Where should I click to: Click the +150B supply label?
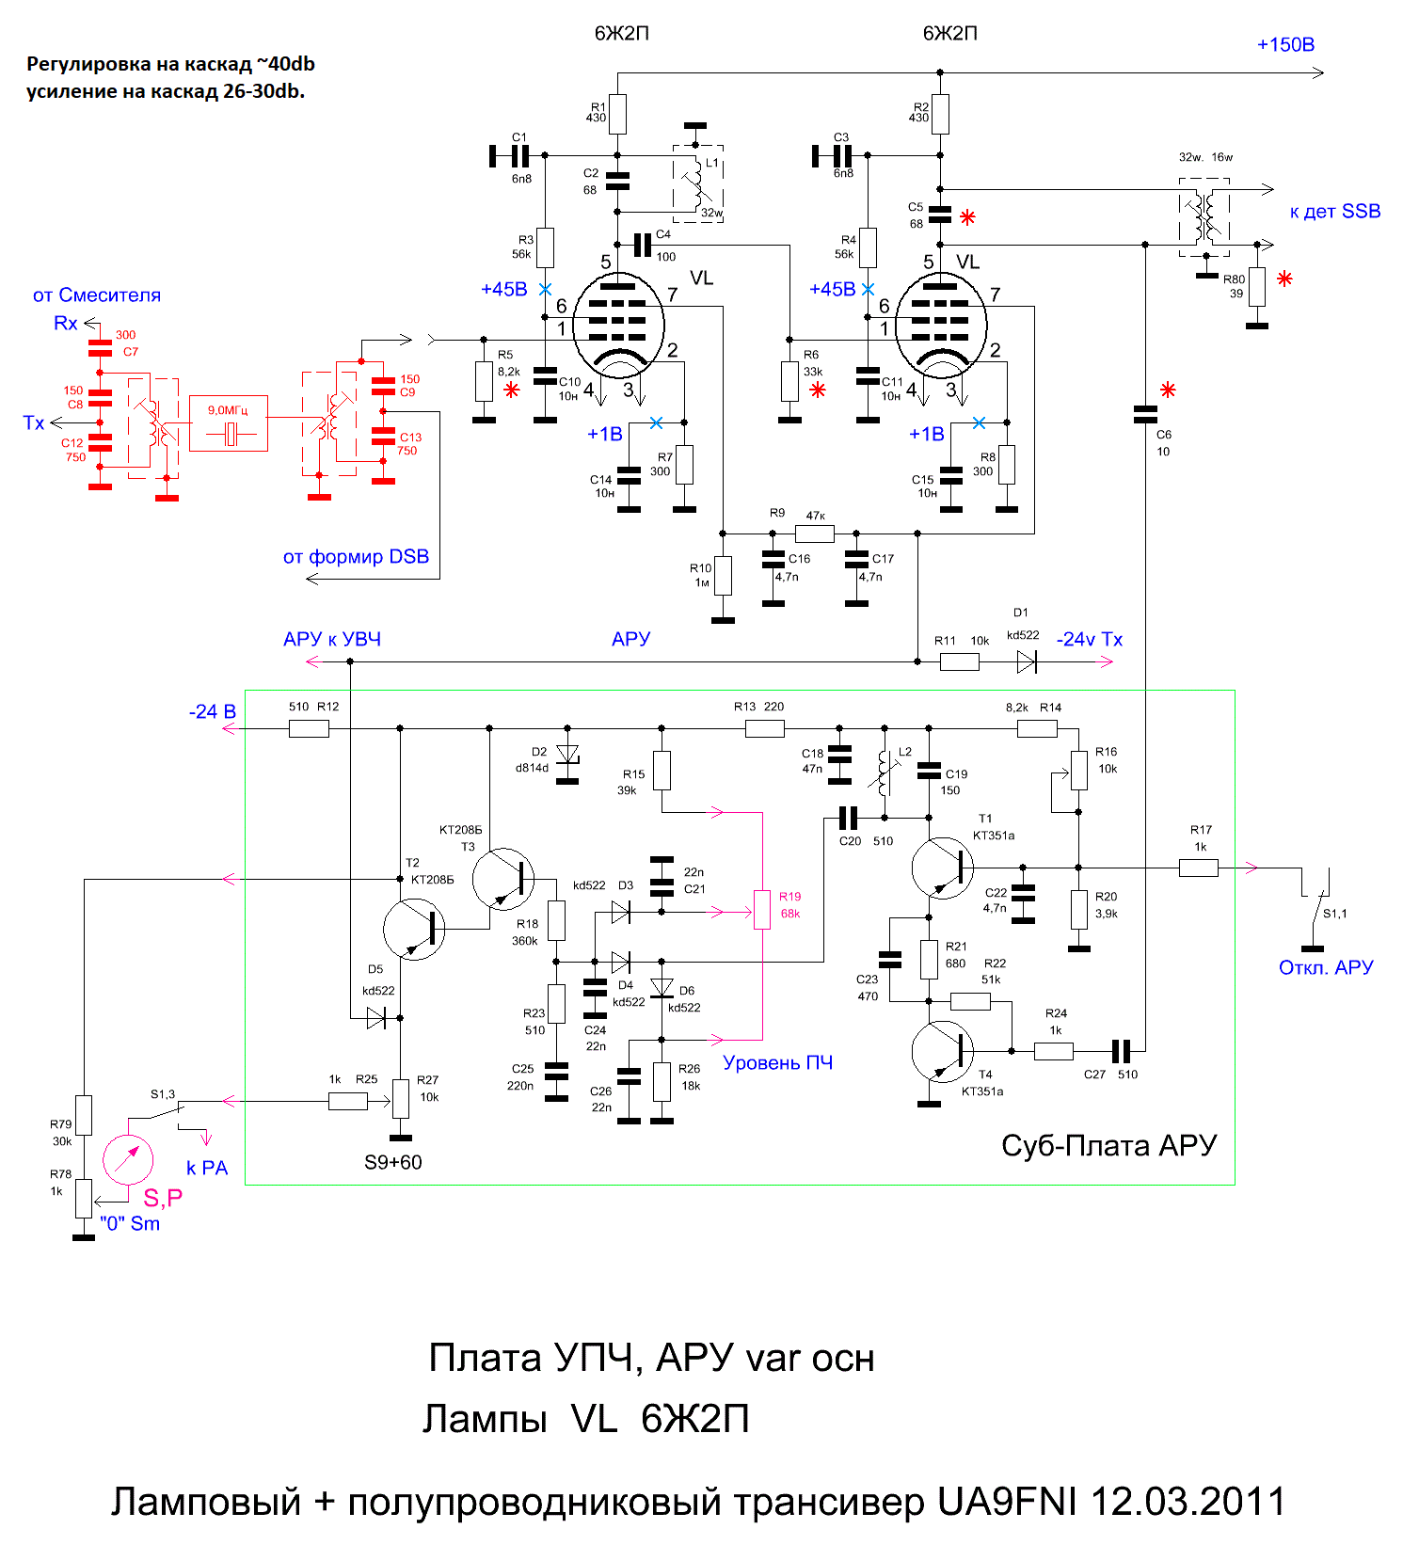coord(1285,45)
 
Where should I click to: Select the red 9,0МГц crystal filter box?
coord(229,423)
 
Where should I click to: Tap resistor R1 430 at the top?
coord(617,114)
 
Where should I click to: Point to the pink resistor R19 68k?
coord(762,910)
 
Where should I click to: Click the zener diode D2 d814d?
coord(567,755)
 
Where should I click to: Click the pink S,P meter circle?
coord(127,1159)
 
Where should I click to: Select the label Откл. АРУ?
coord(1325,967)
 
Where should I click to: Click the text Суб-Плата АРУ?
coord(1108,1145)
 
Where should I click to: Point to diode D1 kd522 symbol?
coord(1027,662)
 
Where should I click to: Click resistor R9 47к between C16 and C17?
coord(814,534)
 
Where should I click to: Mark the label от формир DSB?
coord(356,557)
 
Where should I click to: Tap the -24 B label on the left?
coord(212,712)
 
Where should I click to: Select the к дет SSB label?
coord(1334,212)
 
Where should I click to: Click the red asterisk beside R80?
coord(1284,279)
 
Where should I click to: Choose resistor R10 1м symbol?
coord(723,576)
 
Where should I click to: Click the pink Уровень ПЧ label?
coord(777,1063)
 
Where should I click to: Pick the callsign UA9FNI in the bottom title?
coord(1006,1502)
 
